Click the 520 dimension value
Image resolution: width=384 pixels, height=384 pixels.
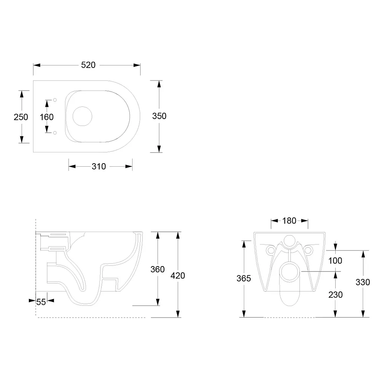(x=88, y=65)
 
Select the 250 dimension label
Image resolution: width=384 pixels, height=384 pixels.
(x=21, y=117)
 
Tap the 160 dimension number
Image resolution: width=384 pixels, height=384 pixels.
(x=46, y=117)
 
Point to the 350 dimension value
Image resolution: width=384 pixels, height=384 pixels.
(x=159, y=116)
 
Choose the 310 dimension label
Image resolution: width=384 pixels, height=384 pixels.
(x=99, y=167)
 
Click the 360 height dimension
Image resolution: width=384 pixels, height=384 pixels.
(x=157, y=270)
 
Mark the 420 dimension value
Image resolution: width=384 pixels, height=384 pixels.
(x=178, y=276)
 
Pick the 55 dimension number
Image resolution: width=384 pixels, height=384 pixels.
(x=41, y=302)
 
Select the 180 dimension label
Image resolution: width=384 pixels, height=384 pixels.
(x=289, y=221)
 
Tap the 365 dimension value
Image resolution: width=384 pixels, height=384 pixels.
(x=244, y=278)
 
